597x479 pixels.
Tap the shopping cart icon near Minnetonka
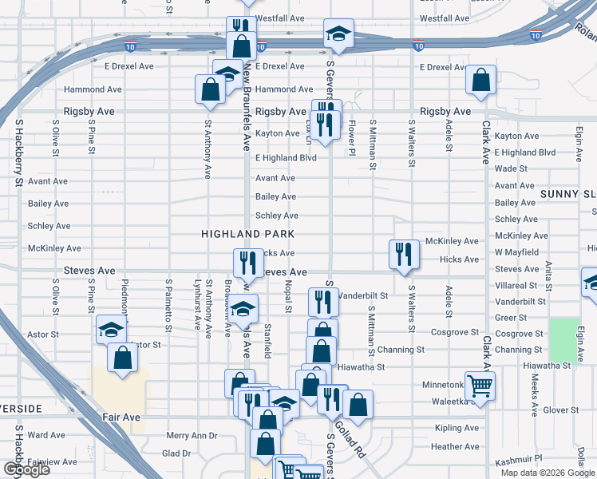[x=480, y=386]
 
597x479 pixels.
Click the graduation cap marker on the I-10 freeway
[x=338, y=34]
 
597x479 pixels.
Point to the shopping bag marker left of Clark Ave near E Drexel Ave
[x=481, y=81]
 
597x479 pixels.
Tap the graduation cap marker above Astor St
[x=111, y=329]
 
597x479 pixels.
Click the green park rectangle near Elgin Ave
[x=564, y=338]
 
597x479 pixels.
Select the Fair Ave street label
[x=121, y=417]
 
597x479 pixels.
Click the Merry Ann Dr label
[x=192, y=436]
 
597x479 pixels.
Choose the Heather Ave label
[x=454, y=447]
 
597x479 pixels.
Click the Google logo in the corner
[x=26, y=469]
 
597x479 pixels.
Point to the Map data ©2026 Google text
[x=547, y=473]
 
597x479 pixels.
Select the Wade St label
[x=511, y=168]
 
